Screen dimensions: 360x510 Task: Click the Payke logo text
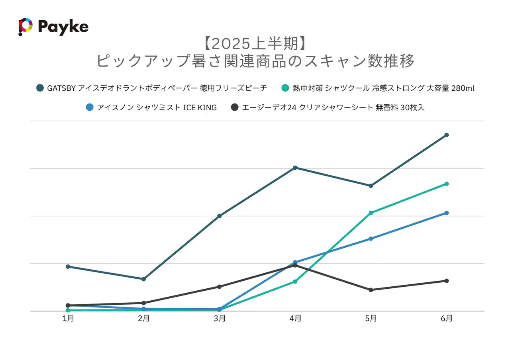click(63, 27)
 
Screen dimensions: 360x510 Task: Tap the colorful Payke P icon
click(25, 27)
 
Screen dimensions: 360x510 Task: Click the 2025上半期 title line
click(255, 44)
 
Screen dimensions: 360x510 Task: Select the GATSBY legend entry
click(151, 88)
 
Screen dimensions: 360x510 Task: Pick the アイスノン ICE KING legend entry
click(151, 107)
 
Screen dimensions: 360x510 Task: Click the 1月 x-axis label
click(68, 319)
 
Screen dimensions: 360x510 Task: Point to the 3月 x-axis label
click(220, 319)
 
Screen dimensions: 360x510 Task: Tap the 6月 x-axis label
click(447, 319)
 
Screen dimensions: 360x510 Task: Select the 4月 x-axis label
click(295, 319)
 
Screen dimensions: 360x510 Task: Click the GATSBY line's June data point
click(447, 135)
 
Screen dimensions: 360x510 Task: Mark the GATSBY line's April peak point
click(295, 168)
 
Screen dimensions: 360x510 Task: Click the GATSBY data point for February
click(144, 279)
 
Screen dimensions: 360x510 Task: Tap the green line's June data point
click(447, 184)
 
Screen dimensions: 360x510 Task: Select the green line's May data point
click(371, 213)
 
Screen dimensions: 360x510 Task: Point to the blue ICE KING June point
click(447, 213)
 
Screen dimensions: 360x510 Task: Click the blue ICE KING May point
click(371, 239)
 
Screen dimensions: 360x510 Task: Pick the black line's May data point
click(371, 290)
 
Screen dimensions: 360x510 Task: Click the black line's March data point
click(220, 287)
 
